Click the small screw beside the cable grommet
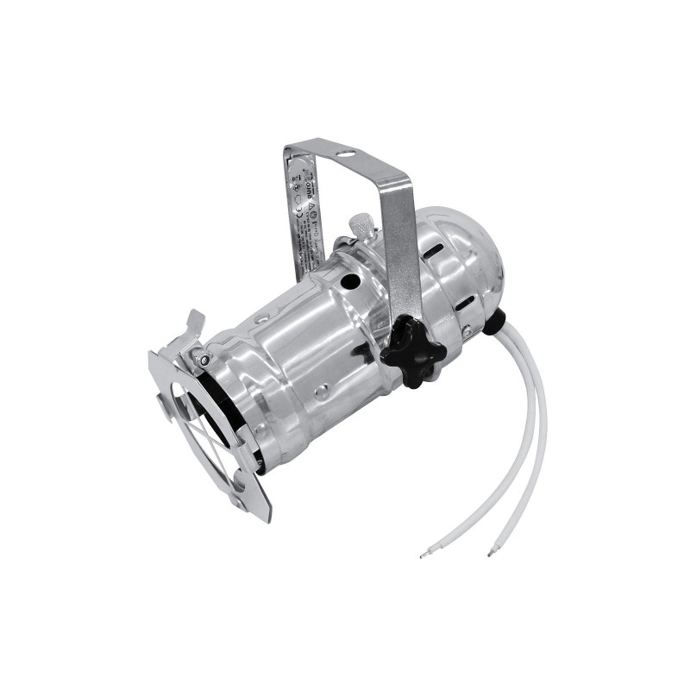point(467,331)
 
